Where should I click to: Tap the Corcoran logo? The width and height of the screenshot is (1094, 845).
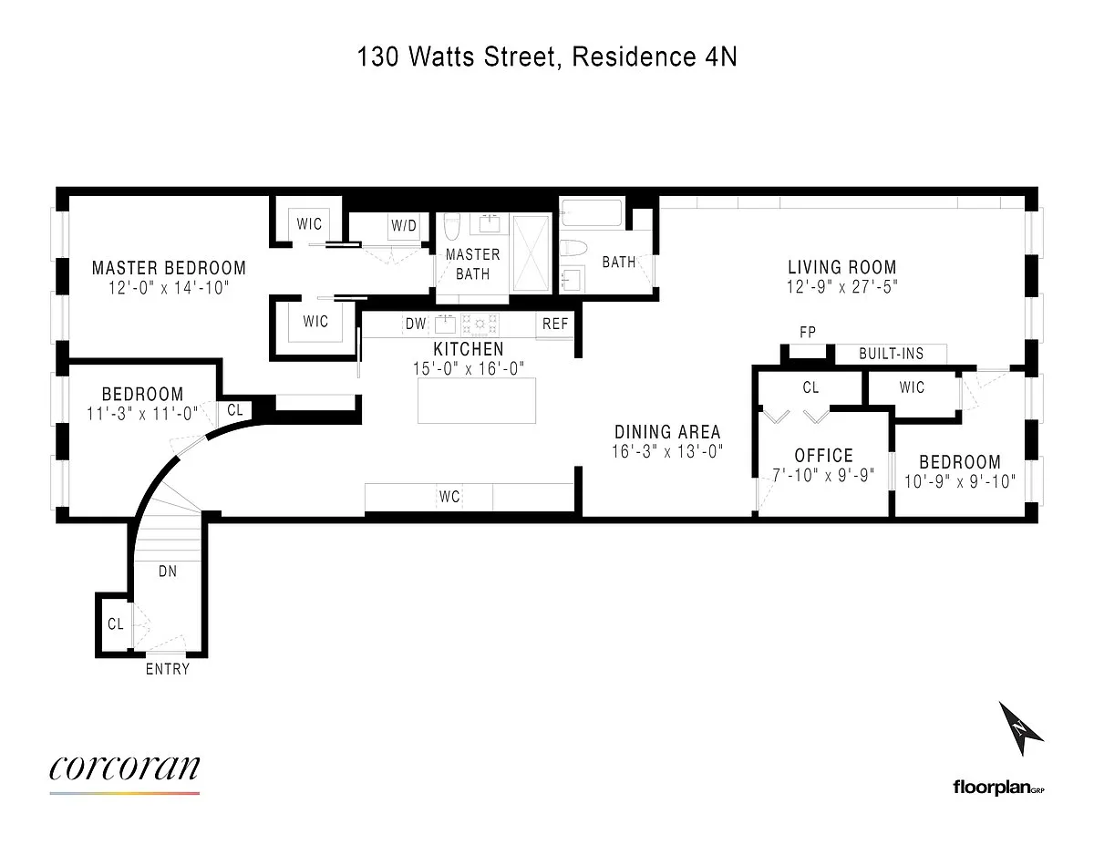(x=124, y=771)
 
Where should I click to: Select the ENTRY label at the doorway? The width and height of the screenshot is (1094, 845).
(x=168, y=669)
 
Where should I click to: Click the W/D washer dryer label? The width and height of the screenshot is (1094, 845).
(x=404, y=225)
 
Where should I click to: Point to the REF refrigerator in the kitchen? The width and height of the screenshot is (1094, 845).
(x=555, y=325)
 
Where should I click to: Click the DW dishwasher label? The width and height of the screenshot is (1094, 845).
(x=416, y=324)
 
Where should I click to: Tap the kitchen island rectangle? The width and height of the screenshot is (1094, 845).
(x=477, y=400)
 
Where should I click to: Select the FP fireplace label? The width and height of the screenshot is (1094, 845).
(x=808, y=332)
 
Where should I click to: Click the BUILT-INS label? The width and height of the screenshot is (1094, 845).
(x=891, y=354)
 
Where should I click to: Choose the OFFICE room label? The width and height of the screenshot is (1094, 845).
(x=823, y=456)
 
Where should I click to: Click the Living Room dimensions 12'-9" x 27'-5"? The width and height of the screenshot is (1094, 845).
(x=842, y=287)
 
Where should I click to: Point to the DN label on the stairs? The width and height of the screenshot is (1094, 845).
(x=168, y=572)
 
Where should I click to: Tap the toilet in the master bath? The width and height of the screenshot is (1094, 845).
(x=451, y=228)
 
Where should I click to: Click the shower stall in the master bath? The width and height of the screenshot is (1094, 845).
(x=532, y=252)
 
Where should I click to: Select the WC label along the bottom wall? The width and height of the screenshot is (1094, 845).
(x=449, y=497)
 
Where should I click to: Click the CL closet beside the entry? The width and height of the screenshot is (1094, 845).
(x=116, y=624)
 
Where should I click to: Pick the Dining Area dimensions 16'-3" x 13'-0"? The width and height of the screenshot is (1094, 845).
(x=667, y=451)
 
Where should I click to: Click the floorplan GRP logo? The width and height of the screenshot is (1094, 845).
(x=999, y=788)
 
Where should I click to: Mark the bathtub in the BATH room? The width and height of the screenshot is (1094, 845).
(x=592, y=213)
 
